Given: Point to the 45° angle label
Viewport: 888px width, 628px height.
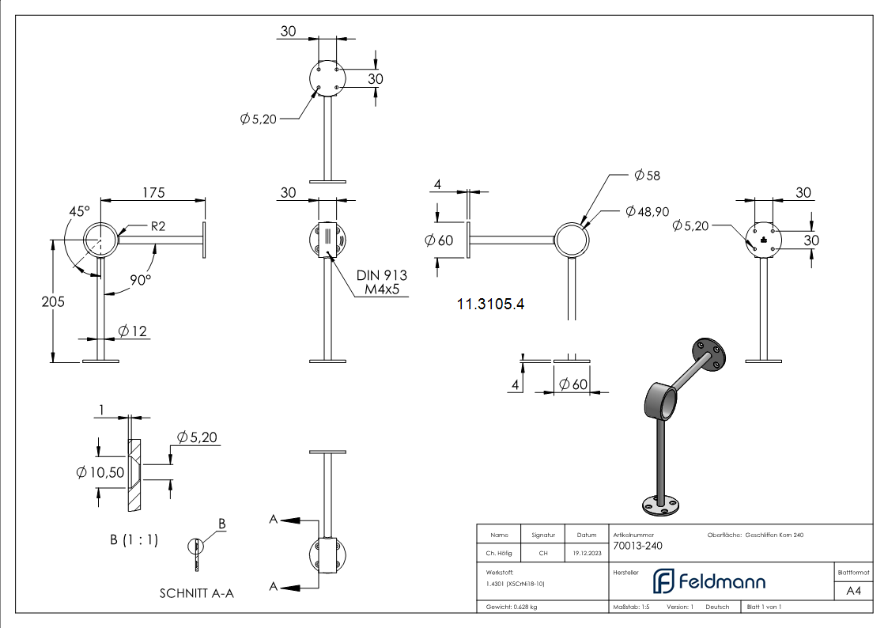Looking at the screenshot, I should (79, 212).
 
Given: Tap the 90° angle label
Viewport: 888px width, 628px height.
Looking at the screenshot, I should (141, 280).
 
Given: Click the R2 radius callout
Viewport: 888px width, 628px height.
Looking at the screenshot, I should (157, 226).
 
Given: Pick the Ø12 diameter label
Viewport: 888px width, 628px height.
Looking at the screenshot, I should (133, 331).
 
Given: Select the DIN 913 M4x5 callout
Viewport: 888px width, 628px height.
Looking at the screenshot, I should (381, 282).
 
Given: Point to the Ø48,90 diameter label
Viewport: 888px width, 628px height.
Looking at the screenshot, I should (646, 211).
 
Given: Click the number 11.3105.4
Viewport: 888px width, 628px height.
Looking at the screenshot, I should (490, 303).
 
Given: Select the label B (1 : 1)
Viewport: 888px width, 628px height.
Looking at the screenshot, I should (134, 540).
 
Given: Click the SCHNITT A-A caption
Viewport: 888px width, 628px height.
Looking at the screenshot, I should (196, 593).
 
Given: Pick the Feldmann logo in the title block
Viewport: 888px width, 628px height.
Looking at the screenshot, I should (709, 581).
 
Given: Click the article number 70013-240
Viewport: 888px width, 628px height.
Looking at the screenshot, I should (637, 546).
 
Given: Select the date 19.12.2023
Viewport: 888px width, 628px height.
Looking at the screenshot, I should (586, 554).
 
